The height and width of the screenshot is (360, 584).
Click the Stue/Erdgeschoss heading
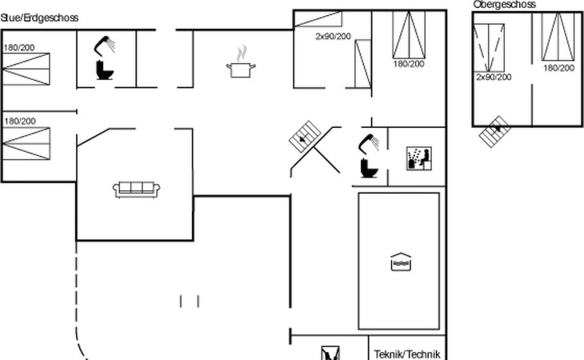39,18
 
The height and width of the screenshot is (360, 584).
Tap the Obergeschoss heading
504,5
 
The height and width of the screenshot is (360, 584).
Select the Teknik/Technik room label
407,354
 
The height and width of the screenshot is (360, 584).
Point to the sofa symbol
136,189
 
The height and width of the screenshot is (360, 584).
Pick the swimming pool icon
401,262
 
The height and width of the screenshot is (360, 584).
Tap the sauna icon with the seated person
419,158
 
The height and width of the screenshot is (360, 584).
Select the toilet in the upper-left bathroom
104,70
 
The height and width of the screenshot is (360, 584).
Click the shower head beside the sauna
369,143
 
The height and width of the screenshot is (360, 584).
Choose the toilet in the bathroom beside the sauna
369,168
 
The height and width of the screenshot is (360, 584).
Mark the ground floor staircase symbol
305,136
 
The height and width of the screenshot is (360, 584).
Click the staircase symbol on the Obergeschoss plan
494,131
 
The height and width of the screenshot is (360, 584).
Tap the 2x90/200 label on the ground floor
333,37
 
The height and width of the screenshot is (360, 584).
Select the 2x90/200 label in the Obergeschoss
494,77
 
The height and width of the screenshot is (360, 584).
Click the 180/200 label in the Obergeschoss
558,68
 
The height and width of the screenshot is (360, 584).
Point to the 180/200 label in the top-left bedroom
19,48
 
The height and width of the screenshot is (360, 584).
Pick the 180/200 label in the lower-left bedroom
20,122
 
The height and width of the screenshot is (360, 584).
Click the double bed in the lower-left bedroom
26,144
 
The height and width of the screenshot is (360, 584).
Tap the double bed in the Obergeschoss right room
558,37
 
